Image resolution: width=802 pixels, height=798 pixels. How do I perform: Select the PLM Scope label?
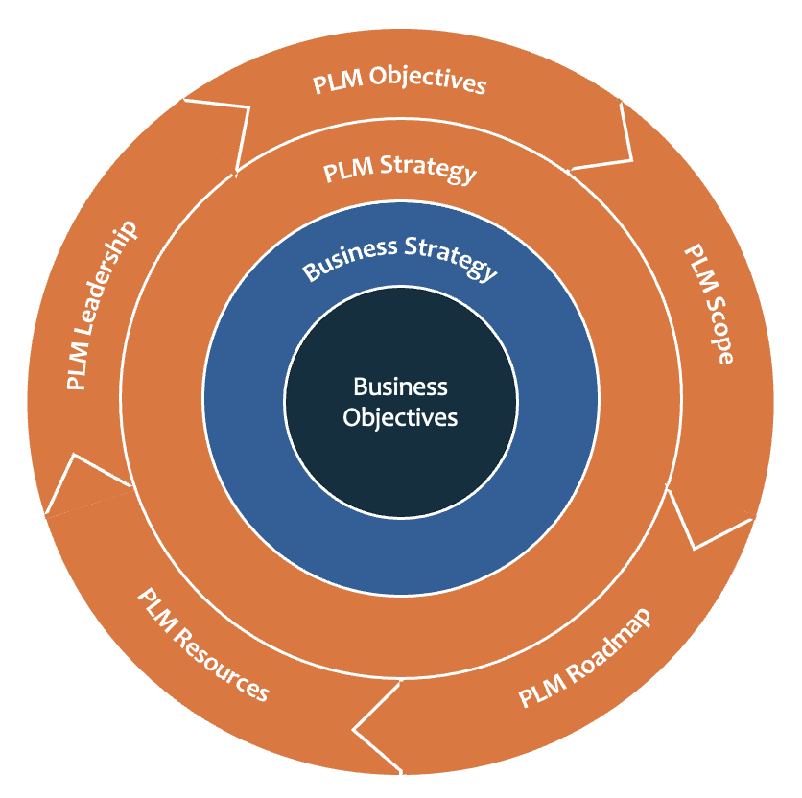(709, 304)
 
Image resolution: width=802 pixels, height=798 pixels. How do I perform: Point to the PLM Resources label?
(202, 645)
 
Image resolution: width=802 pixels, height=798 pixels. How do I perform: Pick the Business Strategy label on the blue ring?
(401, 256)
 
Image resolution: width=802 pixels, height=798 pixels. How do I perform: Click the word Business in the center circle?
(400, 387)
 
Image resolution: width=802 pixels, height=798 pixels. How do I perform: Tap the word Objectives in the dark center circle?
(400, 417)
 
